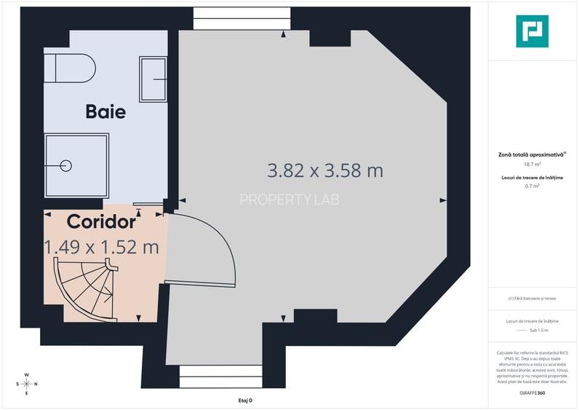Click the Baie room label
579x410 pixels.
(105, 112)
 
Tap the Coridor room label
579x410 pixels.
(101, 221)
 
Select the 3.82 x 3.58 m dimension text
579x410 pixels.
(325, 171)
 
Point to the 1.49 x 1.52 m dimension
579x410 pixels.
(102, 247)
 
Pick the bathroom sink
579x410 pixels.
(153, 79)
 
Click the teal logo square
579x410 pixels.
(532, 31)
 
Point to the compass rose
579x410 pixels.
(26, 383)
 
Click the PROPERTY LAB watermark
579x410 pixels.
(289, 199)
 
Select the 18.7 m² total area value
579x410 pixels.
(532, 165)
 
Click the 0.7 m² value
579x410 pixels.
(532, 186)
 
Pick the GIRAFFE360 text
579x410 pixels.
(532, 393)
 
